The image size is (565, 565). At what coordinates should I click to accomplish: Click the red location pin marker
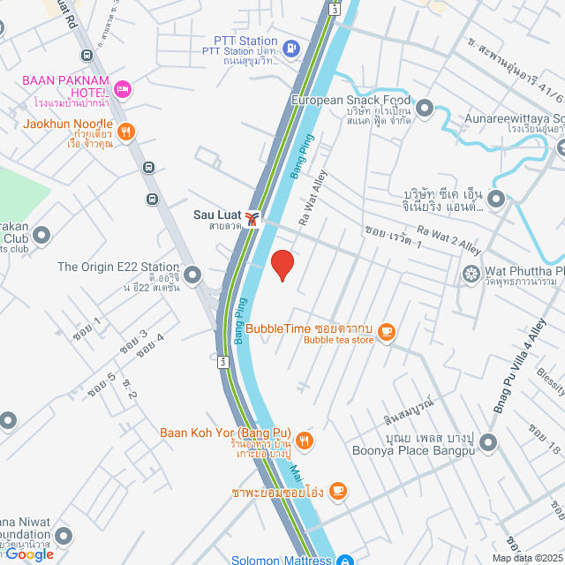(282, 265)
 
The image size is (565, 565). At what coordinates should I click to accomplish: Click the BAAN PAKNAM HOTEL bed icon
(124, 88)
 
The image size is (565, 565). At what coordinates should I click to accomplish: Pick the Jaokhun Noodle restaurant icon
(126, 131)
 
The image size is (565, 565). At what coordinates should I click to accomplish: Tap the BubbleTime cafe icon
(386, 332)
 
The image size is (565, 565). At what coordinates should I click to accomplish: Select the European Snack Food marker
(425, 109)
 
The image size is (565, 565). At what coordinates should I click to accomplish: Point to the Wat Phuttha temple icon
(471, 275)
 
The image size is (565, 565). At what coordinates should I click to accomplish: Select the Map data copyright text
(526, 558)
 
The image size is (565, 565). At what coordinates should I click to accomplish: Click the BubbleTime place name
(278, 328)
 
